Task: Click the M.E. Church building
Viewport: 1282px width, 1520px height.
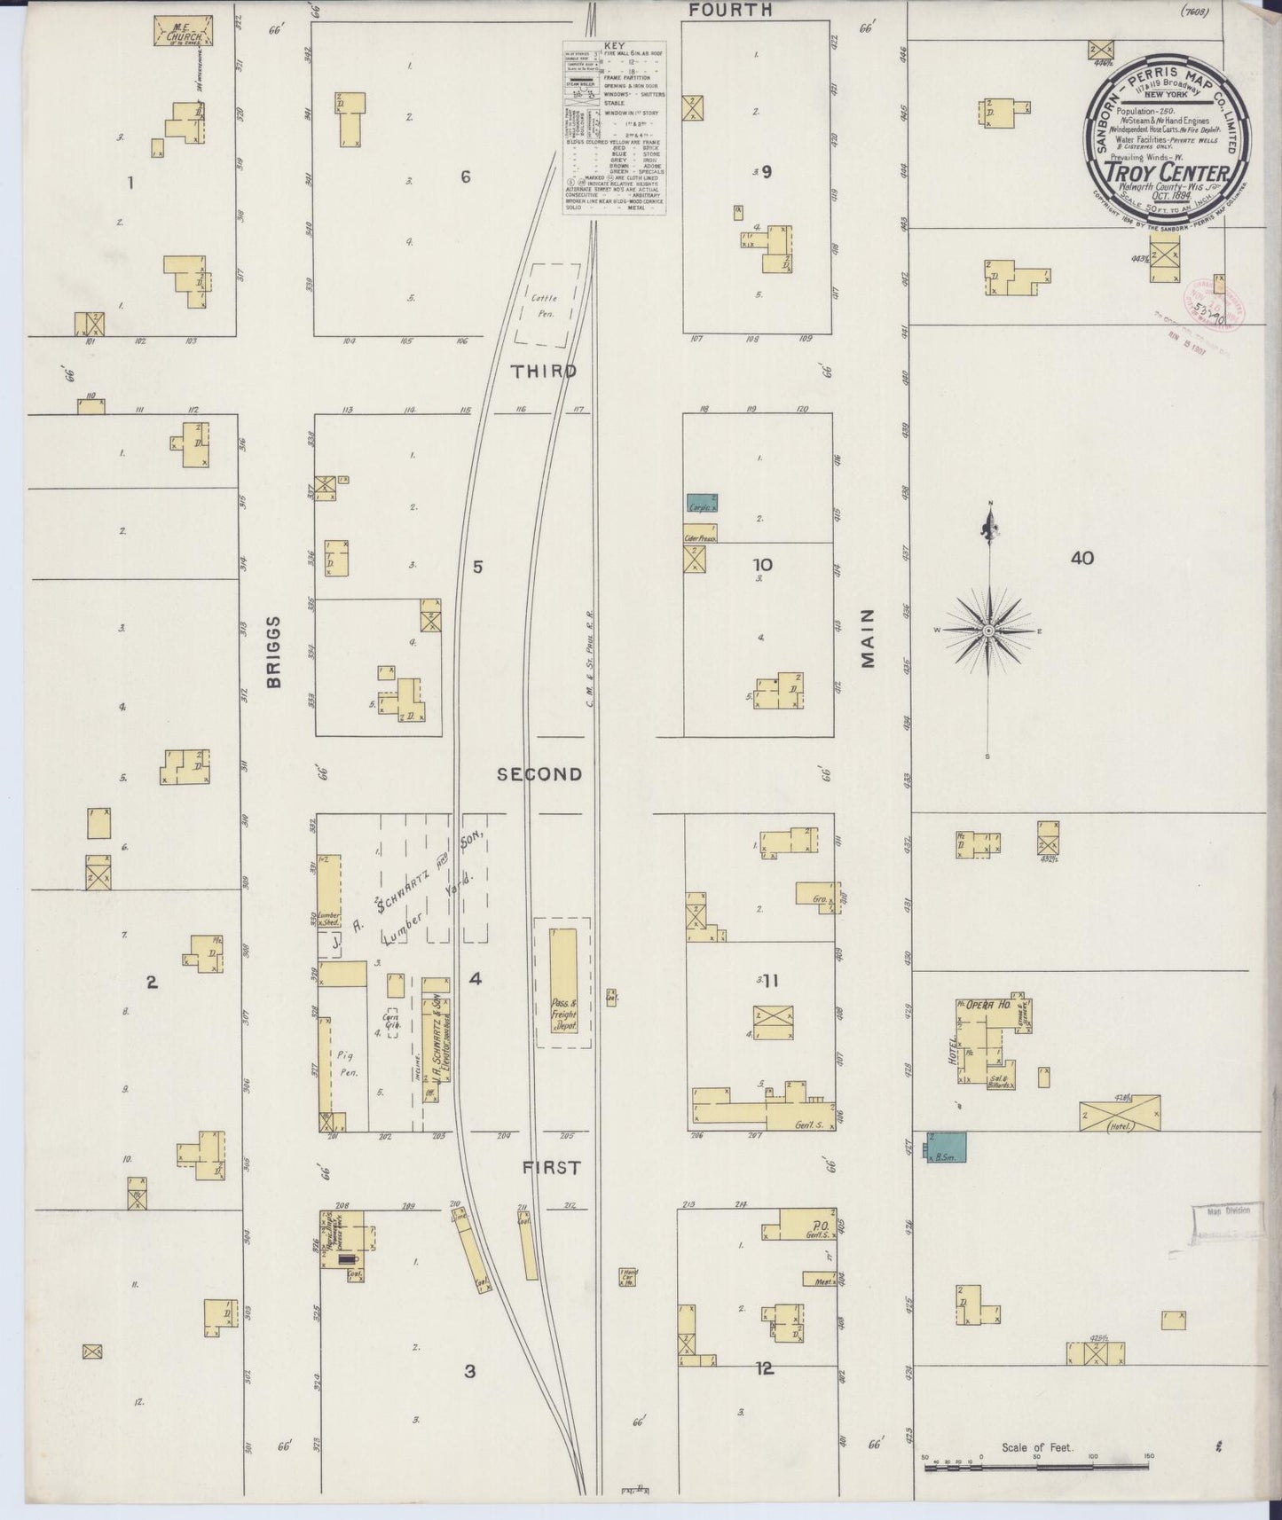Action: point(183,29)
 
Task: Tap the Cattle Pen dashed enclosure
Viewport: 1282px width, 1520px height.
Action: point(547,304)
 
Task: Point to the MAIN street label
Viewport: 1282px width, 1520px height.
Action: point(868,639)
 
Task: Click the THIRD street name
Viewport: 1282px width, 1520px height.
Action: point(543,372)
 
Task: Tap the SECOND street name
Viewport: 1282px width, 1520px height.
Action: point(539,774)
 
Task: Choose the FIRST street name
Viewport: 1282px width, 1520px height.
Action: point(550,1168)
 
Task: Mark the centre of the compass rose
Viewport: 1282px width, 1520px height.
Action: point(987,631)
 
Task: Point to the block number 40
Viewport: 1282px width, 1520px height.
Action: point(1081,558)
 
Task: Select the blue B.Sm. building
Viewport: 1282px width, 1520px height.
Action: point(947,1147)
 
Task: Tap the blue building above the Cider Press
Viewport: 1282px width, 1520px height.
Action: point(701,503)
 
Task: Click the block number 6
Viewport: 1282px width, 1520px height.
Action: point(465,176)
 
